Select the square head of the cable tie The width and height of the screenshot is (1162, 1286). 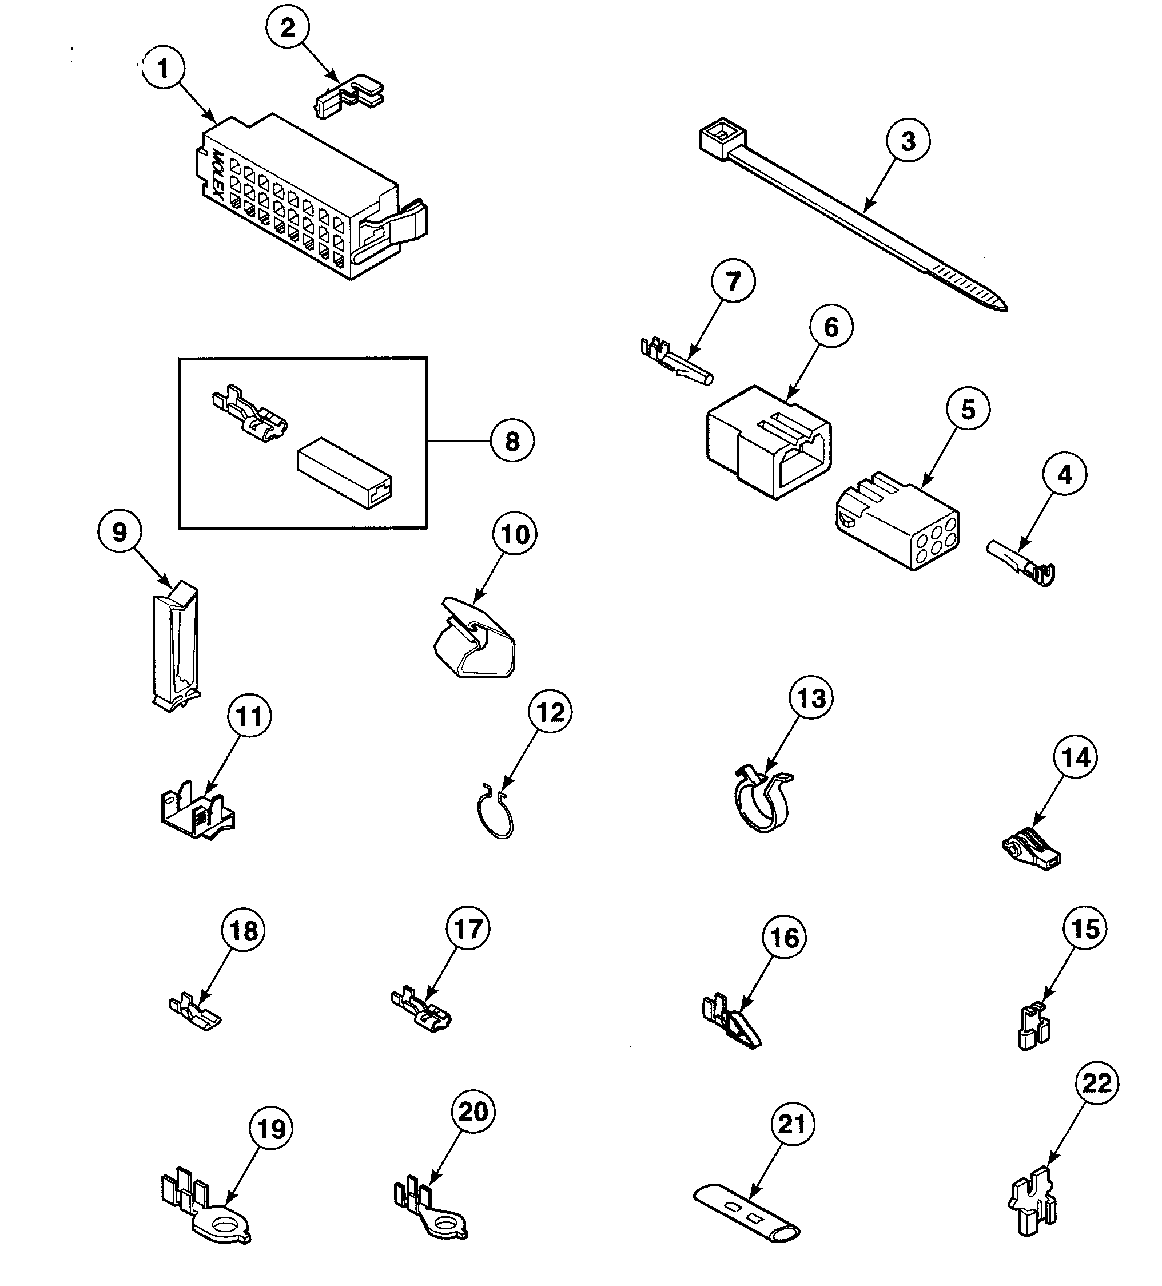719,138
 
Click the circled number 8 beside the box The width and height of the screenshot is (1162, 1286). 512,442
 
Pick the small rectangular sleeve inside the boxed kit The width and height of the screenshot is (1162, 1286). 344,473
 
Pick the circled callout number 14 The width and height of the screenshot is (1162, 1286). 1076,758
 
